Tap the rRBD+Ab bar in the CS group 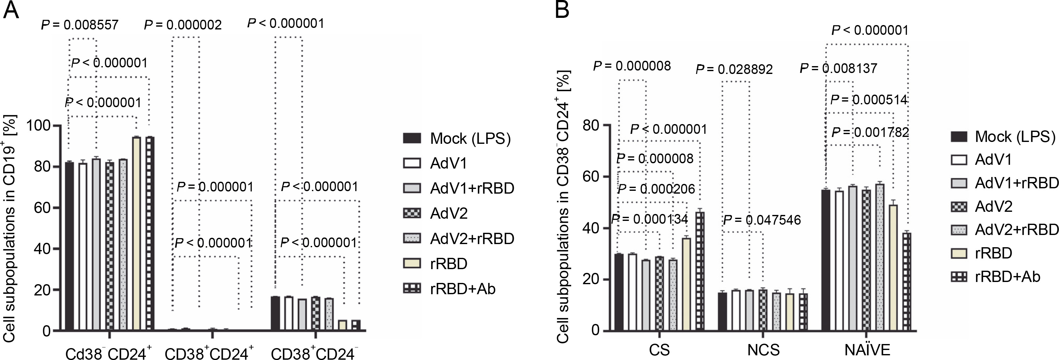tap(700, 271)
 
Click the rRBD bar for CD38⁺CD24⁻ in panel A tap(342, 325)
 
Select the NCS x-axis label tap(764, 350)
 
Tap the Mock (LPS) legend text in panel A tap(470, 138)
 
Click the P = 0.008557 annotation tap(80, 25)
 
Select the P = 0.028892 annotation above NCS tap(734, 69)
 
